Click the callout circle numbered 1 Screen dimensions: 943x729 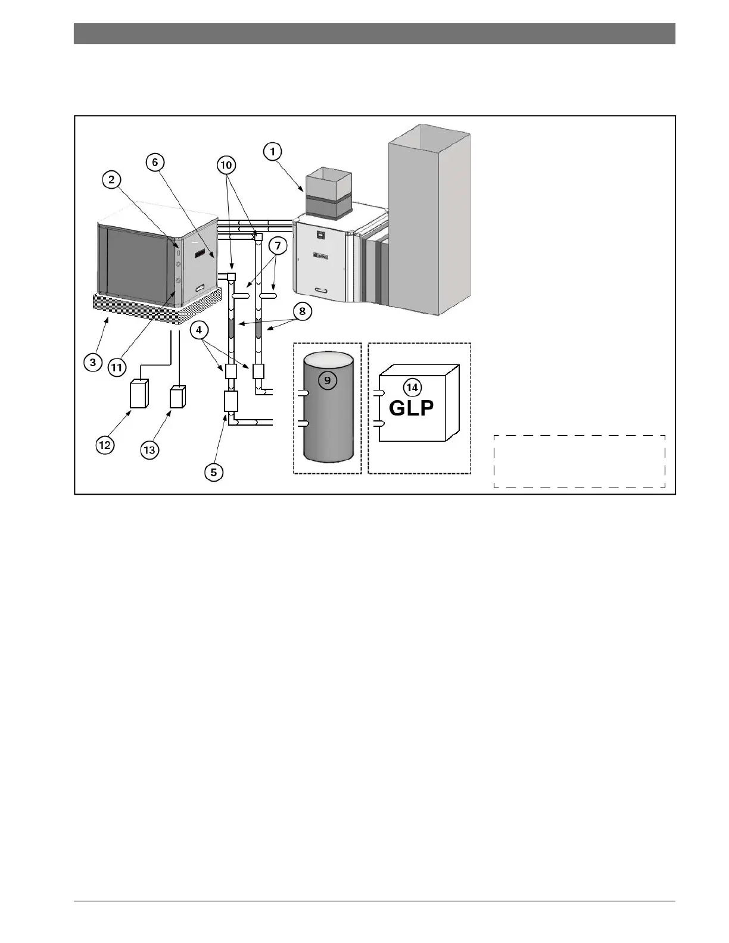coord(273,152)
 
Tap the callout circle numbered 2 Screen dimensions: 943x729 coord(111,180)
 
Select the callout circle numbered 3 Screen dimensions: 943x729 coord(93,362)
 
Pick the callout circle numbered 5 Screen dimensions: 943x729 coord(214,472)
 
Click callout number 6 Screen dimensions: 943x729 coord(155,162)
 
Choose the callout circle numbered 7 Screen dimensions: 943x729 coord(277,245)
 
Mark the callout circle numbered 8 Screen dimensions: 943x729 coord(303,311)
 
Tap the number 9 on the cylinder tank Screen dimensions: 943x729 coord(328,380)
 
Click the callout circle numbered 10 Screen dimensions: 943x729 coord(227,165)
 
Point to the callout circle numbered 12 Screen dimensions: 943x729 coord(105,445)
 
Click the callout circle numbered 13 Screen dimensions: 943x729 coord(149,451)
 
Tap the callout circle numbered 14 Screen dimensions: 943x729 coord(412,388)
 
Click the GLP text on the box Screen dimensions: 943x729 coord(411,408)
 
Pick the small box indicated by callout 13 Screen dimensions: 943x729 coord(177,396)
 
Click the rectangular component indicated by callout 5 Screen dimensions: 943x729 coord(230,401)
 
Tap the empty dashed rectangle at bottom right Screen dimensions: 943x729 coord(579,461)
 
